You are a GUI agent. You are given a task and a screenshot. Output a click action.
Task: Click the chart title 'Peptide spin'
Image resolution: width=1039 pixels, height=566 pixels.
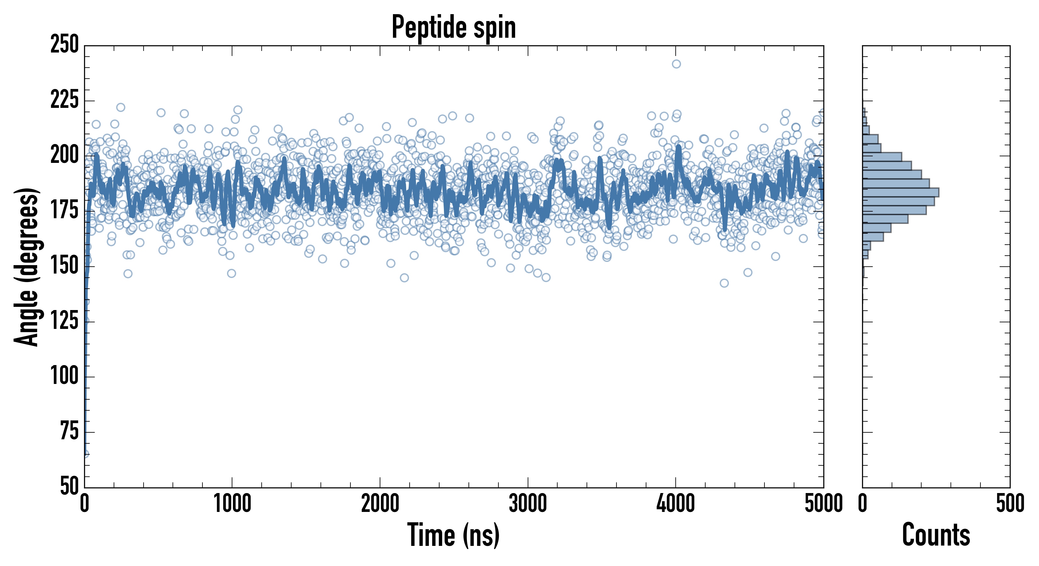(453, 27)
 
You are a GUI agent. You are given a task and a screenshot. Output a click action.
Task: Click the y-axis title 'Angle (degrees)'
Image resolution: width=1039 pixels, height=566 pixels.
(27, 267)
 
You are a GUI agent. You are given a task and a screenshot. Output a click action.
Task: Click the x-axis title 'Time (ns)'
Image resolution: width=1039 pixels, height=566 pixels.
(453, 535)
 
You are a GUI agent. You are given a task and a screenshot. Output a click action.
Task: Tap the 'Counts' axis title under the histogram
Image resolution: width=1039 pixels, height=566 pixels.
(936, 535)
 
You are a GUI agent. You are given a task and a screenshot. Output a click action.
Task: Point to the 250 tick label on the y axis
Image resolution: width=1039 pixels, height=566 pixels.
(65, 44)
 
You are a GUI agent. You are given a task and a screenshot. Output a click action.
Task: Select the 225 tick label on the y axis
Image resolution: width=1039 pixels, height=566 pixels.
(65, 100)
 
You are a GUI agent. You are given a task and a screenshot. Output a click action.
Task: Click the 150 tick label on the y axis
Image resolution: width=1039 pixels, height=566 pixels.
(65, 266)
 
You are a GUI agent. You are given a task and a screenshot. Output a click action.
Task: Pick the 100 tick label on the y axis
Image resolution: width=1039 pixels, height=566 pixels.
(65, 376)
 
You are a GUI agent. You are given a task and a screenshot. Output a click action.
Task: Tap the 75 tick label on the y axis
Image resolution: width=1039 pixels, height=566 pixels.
(69, 431)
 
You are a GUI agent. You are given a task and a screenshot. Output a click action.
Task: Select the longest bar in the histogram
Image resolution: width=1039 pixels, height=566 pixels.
(900, 192)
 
